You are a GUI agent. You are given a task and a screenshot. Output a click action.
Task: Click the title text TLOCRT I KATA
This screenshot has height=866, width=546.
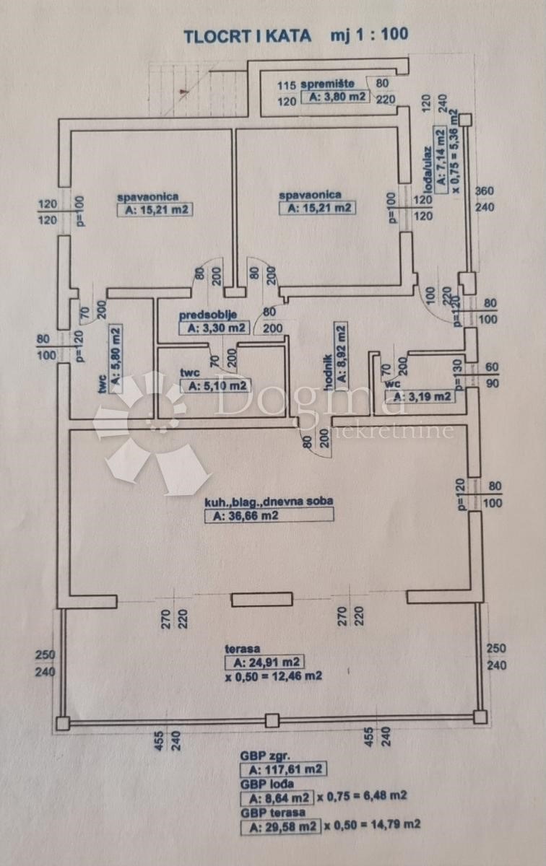click(x=247, y=34)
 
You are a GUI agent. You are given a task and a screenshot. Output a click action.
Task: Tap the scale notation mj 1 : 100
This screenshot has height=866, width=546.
click(x=369, y=34)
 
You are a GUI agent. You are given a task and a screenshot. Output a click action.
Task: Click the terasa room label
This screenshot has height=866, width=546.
click(x=242, y=649)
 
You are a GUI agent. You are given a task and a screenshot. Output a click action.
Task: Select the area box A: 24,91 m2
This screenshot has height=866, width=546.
click(x=264, y=662)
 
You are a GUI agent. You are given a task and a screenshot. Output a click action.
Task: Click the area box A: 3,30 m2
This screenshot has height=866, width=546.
click(x=214, y=328)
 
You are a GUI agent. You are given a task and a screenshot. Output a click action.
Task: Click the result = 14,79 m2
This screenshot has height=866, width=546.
click(x=389, y=824)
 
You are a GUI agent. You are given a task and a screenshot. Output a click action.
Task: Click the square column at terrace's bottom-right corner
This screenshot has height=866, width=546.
click(x=480, y=717)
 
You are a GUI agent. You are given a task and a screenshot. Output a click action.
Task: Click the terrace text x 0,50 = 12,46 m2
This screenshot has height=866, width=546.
click(x=273, y=677)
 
